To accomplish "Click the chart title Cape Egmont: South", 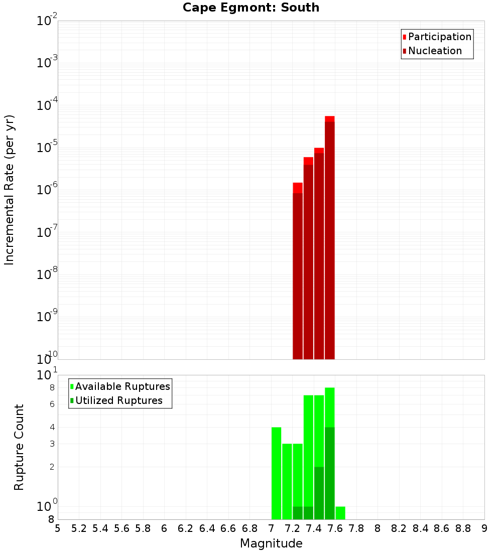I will point(250,8).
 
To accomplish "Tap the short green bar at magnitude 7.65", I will point(340,513).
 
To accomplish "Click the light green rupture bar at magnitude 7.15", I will point(287,481).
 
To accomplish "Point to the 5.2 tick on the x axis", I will point(79,528).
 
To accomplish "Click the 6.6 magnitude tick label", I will point(228,528).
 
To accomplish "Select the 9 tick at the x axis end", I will point(484,528).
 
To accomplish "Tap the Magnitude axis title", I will point(271,543).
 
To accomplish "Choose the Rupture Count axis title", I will point(19,447).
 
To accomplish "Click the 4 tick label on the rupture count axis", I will point(52,427).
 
